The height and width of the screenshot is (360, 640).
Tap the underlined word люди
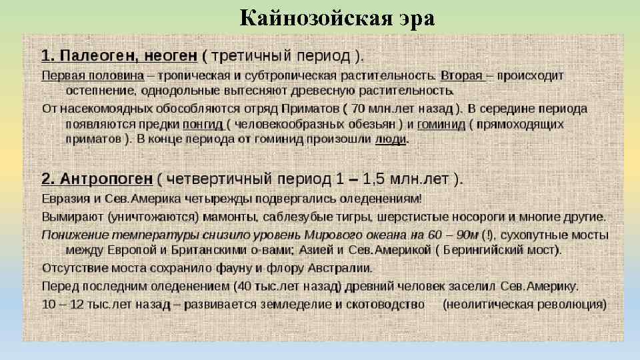391,139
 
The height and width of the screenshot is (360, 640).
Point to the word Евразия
66,199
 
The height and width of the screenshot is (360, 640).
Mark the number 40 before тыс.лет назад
247,286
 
